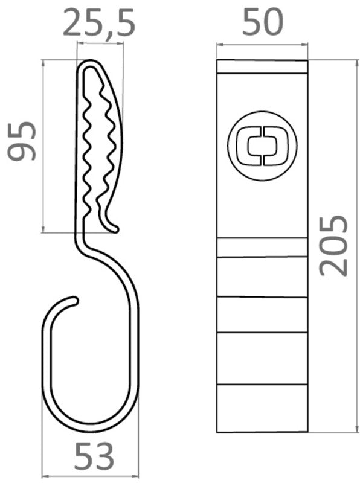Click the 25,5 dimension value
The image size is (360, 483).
[x=100, y=22]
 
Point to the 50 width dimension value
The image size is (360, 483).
[x=262, y=22]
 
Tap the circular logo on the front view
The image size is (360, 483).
[x=262, y=146]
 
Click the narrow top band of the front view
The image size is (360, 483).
[x=262, y=66]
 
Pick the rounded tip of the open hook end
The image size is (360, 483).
[x=75, y=299]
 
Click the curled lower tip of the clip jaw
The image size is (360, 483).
[x=114, y=228]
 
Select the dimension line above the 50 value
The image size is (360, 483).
[x=262, y=43]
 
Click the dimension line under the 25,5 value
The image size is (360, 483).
[x=100, y=43]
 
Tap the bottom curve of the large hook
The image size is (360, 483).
[x=91, y=430]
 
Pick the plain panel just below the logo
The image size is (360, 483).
[x=262, y=208]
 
